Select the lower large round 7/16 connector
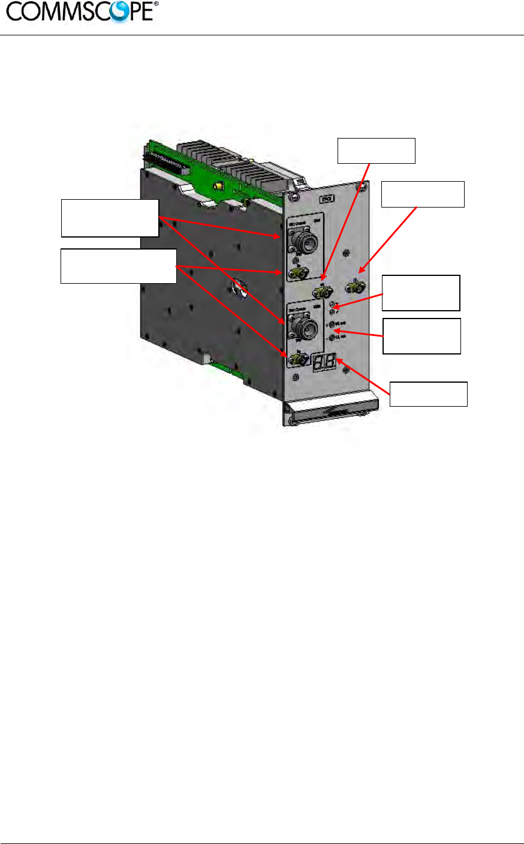(303, 328)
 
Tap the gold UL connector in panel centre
(323, 292)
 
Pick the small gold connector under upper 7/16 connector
(297, 274)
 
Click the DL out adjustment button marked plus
(333, 325)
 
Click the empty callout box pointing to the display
(429, 394)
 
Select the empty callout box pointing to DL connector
(423, 194)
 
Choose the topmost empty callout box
(377, 151)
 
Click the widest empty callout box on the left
(119, 266)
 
